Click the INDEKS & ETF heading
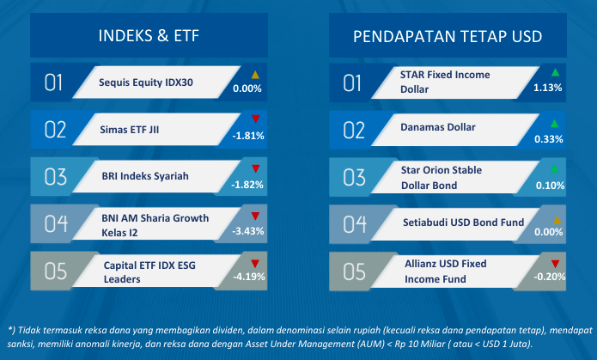click(x=149, y=36)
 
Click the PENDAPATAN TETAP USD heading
click(x=448, y=37)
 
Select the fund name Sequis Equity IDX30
click(x=146, y=82)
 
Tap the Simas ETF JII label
click(x=130, y=130)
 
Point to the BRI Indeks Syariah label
click(x=145, y=176)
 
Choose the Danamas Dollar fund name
click(x=438, y=127)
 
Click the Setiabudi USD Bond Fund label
click(x=463, y=222)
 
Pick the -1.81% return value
click(x=248, y=136)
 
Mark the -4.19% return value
click(x=249, y=277)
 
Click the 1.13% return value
click(x=547, y=88)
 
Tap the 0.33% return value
click(x=549, y=139)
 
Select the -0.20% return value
click(x=550, y=277)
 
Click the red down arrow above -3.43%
click(x=255, y=216)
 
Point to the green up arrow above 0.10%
click(x=555, y=168)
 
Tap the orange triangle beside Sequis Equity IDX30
click(x=255, y=75)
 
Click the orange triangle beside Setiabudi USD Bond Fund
click(x=557, y=220)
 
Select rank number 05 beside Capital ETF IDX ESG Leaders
click(x=56, y=272)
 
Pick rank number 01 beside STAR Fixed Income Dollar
click(x=352, y=83)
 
